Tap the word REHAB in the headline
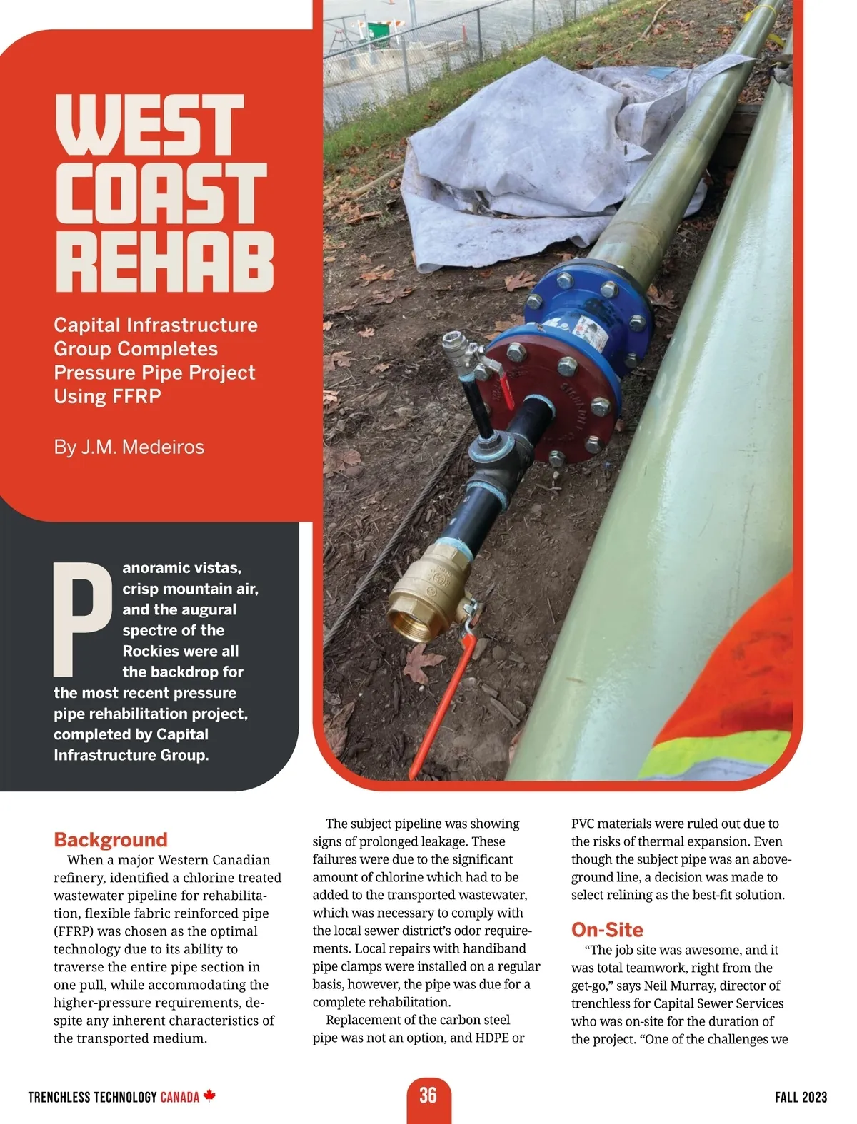(x=164, y=261)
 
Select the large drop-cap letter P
(x=82, y=619)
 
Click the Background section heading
(x=111, y=839)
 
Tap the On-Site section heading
(x=607, y=930)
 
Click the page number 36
(x=428, y=1095)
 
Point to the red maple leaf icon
(x=209, y=1095)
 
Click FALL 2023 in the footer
(x=801, y=1097)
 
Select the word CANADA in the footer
(x=179, y=1097)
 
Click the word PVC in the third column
(x=583, y=824)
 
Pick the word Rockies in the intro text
(x=150, y=651)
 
